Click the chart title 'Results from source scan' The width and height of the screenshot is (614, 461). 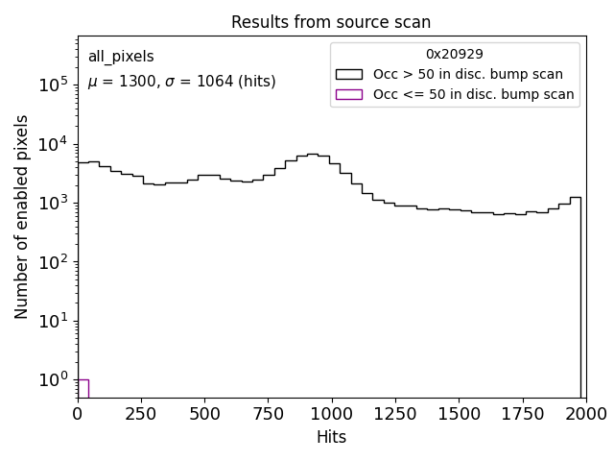point(331,22)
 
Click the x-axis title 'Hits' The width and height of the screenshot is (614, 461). point(331,437)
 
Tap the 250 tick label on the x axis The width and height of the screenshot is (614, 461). point(141,413)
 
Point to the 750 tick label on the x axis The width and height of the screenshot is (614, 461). point(268,413)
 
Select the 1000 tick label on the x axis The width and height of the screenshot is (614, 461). point(331,413)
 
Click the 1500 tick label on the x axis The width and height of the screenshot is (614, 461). point(459,413)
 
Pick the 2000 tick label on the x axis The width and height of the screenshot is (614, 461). point(585,413)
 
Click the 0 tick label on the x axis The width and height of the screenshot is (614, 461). point(79,413)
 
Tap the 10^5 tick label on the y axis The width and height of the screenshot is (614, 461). point(52,85)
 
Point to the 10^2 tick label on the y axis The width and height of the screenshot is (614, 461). point(52,262)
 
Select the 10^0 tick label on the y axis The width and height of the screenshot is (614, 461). point(52,380)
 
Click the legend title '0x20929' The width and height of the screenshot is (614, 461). point(455,54)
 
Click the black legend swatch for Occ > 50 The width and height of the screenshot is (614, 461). point(349,74)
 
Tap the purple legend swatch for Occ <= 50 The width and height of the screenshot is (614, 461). point(349,94)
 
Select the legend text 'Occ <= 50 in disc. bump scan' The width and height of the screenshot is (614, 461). point(474,94)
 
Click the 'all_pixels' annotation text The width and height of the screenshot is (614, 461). point(121,57)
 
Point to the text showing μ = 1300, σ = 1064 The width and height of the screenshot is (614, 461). point(181,82)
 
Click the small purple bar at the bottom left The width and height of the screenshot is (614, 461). point(83,388)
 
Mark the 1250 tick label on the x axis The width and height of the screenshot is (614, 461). point(394,413)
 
